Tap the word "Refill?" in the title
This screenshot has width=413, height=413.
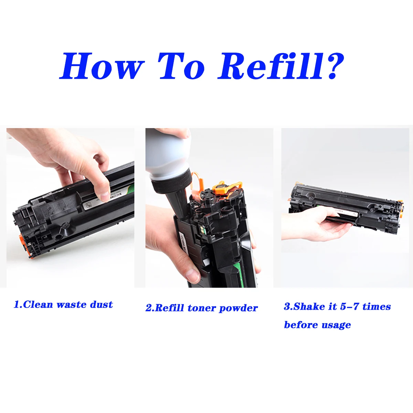tap(281, 66)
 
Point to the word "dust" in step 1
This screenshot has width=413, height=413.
tap(101, 305)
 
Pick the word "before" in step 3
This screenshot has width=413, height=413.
tap(299, 325)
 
